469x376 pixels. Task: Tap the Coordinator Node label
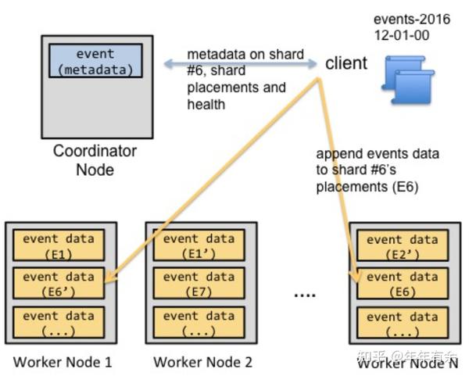(x=95, y=159)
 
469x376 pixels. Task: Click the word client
(x=345, y=63)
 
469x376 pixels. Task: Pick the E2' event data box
(x=402, y=245)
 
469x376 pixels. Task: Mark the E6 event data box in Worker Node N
(x=402, y=284)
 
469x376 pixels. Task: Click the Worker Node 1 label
(x=63, y=362)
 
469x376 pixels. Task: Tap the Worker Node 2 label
(x=202, y=362)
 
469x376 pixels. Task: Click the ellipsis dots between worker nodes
(x=305, y=295)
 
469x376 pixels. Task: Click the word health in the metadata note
(x=206, y=104)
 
